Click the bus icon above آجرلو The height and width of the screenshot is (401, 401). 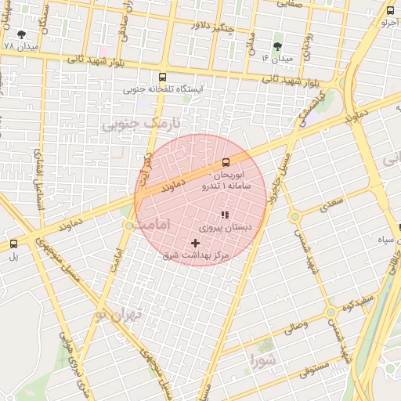tap(391, 10)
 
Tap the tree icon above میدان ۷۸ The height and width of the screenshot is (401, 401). tap(20, 34)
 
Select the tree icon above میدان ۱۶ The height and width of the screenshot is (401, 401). tap(276, 46)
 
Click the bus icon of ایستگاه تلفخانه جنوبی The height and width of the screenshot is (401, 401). tap(162, 77)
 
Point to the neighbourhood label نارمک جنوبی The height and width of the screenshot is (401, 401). tap(143, 124)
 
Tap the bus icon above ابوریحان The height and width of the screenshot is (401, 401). tap(226, 162)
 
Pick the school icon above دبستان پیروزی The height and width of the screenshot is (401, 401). tap(224, 215)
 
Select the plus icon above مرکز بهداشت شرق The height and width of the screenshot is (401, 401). tap(195, 244)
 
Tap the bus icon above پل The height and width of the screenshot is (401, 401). tap(13, 244)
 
